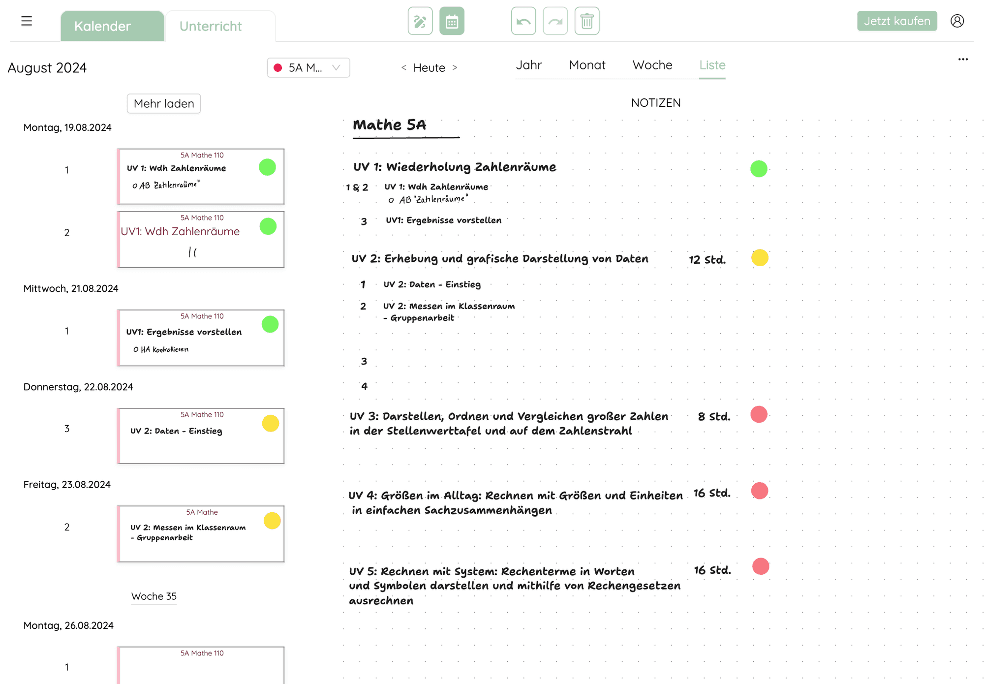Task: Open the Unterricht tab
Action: pyautogui.click(x=211, y=26)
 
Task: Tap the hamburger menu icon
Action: pyautogui.click(x=27, y=21)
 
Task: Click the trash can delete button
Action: pyautogui.click(x=586, y=21)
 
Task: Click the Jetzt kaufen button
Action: pyautogui.click(x=896, y=21)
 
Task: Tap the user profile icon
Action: pyautogui.click(x=957, y=21)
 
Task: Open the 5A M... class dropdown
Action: pyautogui.click(x=308, y=68)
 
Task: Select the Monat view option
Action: pyautogui.click(x=587, y=65)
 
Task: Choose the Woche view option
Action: pyautogui.click(x=652, y=65)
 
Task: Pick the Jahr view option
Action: pyautogui.click(x=528, y=65)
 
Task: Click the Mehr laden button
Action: pyautogui.click(x=164, y=104)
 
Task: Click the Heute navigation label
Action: pyautogui.click(x=429, y=68)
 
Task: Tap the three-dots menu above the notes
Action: pyautogui.click(x=963, y=60)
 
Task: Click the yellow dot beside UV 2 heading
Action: pyautogui.click(x=760, y=258)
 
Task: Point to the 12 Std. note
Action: pyautogui.click(x=707, y=260)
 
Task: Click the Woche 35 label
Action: pyautogui.click(x=154, y=596)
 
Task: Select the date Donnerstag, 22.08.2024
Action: pyautogui.click(x=78, y=387)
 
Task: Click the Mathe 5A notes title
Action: pyautogui.click(x=390, y=125)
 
